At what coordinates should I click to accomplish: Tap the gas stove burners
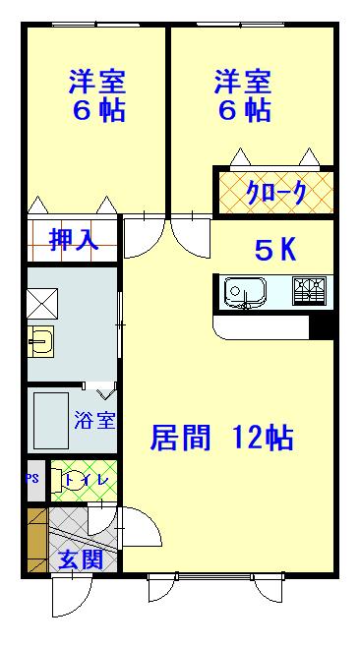click(x=311, y=291)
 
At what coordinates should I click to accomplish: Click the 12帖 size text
click(x=263, y=437)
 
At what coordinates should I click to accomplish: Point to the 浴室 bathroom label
click(x=94, y=421)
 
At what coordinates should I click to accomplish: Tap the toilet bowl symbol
click(x=75, y=481)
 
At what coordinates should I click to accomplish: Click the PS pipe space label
click(x=32, y=481)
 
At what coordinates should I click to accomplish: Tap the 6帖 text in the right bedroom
click(x=243, y=110)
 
